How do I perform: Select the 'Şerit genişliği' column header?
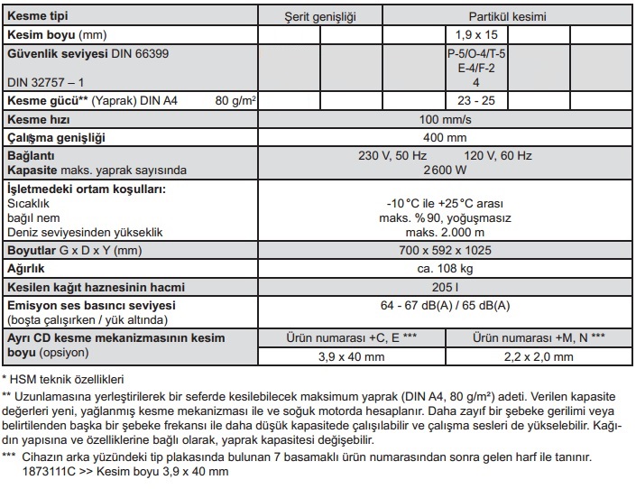[x=322, y=16]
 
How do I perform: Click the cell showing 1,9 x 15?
[x=474, y=34]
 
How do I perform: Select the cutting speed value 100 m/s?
[x=446, y=119]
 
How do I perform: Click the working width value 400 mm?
[x=446, y=137]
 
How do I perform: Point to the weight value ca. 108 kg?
[x=446, y=268]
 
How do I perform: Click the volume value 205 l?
[x=446, y=288]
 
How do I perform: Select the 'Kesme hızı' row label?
[x=38, y=119]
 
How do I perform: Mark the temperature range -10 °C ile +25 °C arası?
[x=446, y=204]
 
